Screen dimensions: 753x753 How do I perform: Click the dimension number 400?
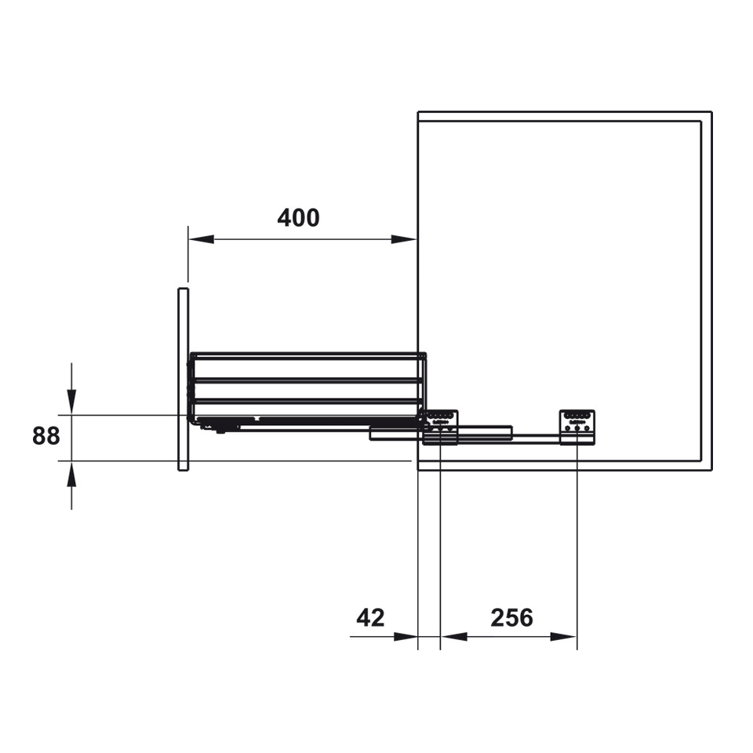coord(298,218)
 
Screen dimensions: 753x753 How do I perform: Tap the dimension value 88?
coord(46,436)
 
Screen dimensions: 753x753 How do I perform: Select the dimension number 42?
coord(370,617)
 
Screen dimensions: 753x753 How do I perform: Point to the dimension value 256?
coord(511,617)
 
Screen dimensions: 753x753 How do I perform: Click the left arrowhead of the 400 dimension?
coord(202,239)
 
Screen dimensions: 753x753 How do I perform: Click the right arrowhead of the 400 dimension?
coord(404,239)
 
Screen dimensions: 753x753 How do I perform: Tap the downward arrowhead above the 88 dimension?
coord(71,402)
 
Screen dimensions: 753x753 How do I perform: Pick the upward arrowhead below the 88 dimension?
coord(71,475)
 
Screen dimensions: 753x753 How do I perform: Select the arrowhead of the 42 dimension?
coord(406,637)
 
